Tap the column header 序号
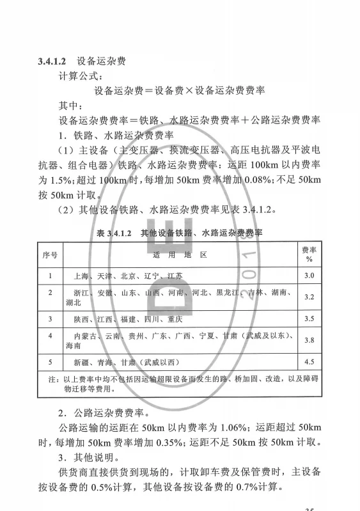click(x=50, y=255)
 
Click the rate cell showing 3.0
click(x=309, y=276)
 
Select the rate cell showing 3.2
click(x=309, y=297)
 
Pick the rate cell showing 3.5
click(x=309, y=318)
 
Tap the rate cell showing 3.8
click(x=309, y=340)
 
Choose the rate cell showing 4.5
click(x=309, y=362)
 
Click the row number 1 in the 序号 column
click(x=50, y=276)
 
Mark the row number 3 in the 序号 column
click(x=50, y=318)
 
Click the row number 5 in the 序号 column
click(x=50, y=362)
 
